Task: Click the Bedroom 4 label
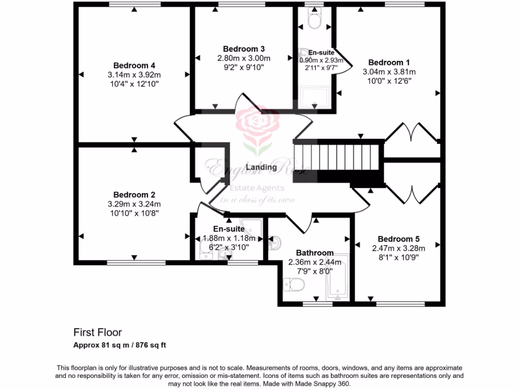pos(134,65)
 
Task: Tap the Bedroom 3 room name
pos(244,49)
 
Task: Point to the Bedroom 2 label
pos(134,194)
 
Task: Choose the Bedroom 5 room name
pos(398,239)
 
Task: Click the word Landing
pos(261,167)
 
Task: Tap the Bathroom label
pos(315,253)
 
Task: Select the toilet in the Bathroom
pos(293,286)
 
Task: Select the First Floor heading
pos(98,333)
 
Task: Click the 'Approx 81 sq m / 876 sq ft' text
pos(120,345)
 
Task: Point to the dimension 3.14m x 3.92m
pos(134,75)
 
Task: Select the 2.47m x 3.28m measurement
pos(398,248)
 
